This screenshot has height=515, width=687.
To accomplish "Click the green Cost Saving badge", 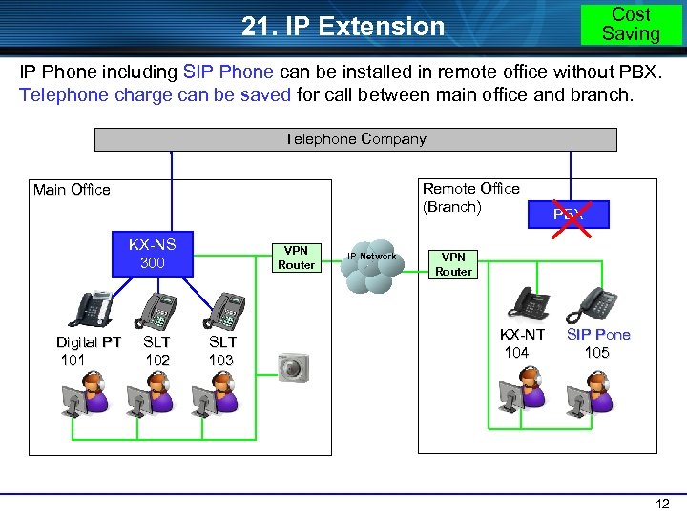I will [631, 24].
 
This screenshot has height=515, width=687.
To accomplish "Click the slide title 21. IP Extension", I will [343, 27].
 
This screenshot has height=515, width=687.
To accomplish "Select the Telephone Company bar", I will [355, 139].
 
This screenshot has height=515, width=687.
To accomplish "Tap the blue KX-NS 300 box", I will [152, 253].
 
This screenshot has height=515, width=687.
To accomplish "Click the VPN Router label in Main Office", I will [296, 257].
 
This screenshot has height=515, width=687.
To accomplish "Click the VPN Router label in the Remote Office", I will [453, 264].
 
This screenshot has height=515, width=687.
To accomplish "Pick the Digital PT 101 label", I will [88, 350].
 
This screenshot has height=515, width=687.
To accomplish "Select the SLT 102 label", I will [156, 350].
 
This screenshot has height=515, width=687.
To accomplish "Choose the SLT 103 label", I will [221, 350].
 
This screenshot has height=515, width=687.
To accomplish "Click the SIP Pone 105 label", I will [598, 343].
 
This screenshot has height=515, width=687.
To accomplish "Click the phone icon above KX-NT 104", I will [528, 302].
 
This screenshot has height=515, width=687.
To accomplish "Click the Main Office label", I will [72, 190].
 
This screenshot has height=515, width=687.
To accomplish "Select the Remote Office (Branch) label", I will [470, 197].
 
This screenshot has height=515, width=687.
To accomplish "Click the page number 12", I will [660, 503].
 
